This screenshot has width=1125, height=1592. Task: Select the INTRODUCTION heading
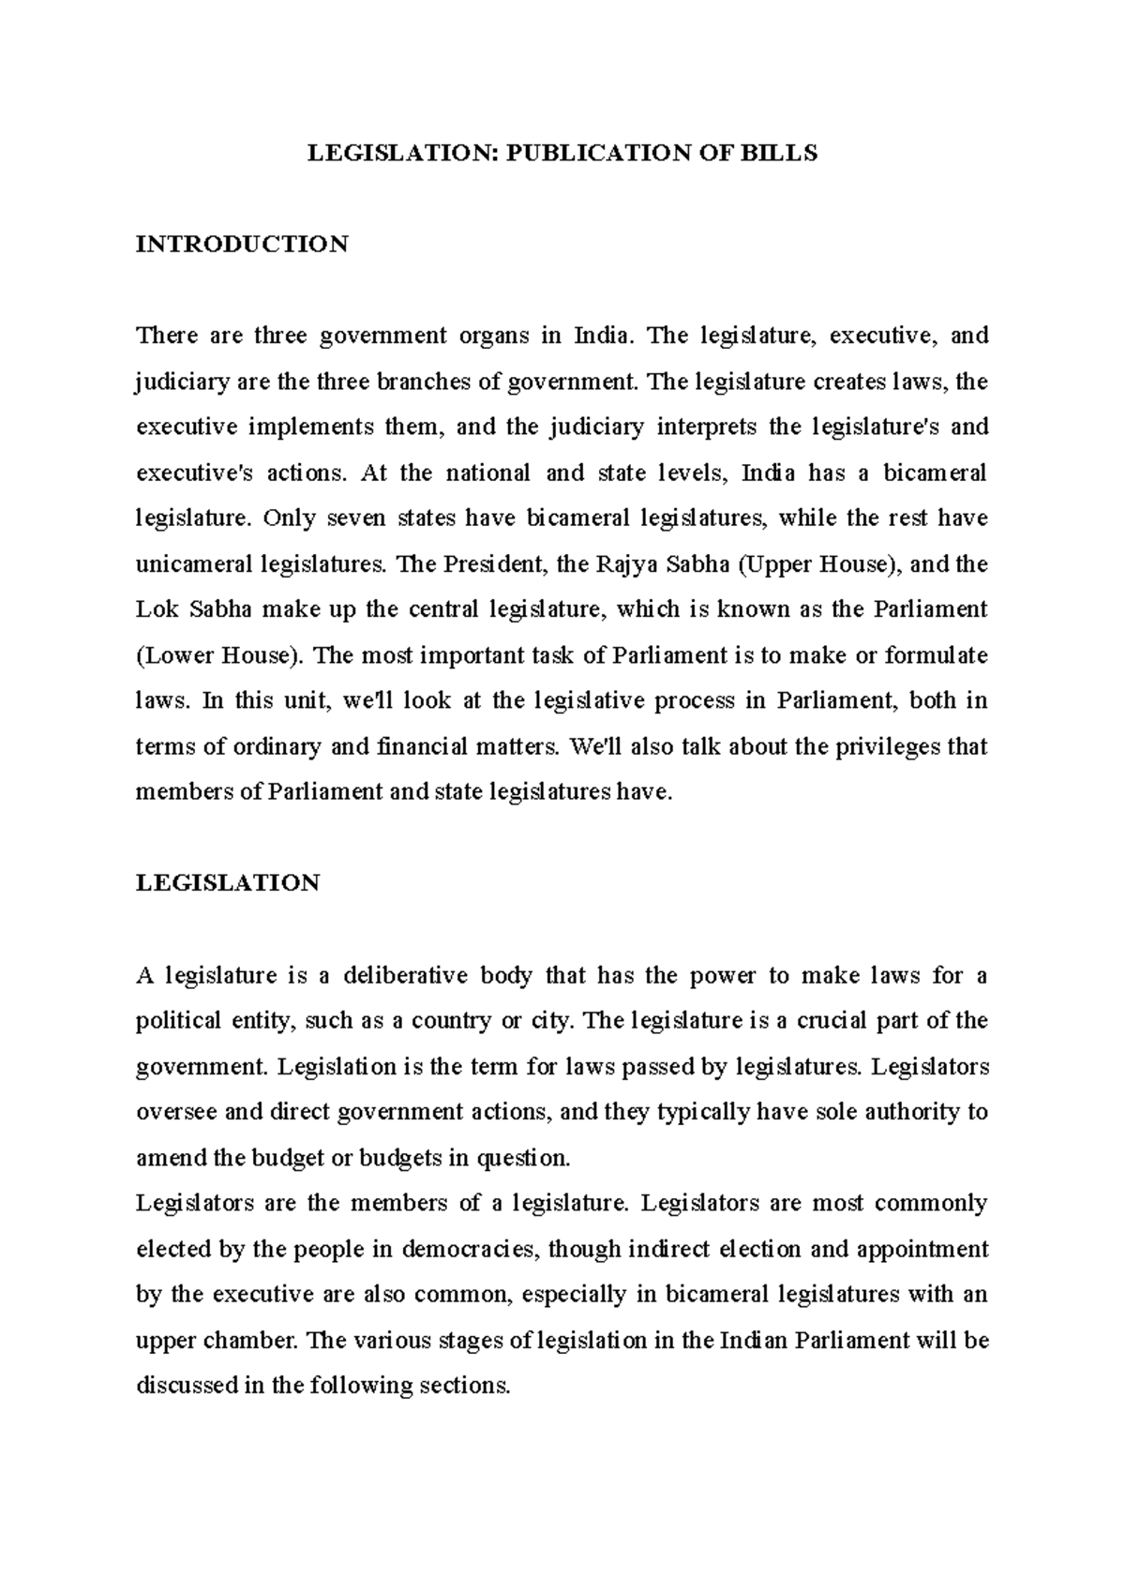(x=242, y=245)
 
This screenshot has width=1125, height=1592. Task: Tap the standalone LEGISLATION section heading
(x=228, y=883)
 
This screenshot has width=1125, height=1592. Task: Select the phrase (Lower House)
(x=220, y=655)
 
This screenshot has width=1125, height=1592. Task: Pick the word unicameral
(x=194, y=564)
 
